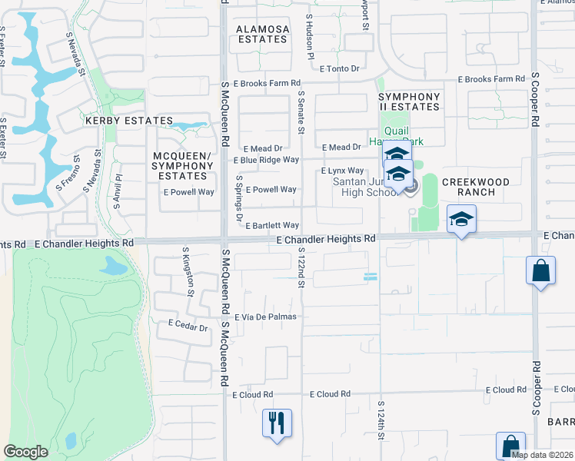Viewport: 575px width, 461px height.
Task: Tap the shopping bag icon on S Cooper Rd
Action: point(541,272)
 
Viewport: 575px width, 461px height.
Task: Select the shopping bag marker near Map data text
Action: point(510,446)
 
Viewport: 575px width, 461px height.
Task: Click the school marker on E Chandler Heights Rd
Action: point(461,221)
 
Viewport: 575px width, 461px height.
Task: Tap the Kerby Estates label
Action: point(129,121)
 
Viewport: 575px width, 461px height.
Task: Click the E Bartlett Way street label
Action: point(272,225)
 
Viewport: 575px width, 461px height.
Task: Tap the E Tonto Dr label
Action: point(339,68)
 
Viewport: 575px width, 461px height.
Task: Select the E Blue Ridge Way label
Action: point(265,160)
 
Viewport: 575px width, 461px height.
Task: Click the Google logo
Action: point(26,452)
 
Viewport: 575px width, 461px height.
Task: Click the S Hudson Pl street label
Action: point(310,36)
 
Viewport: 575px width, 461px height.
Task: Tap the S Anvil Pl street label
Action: point(118,187)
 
